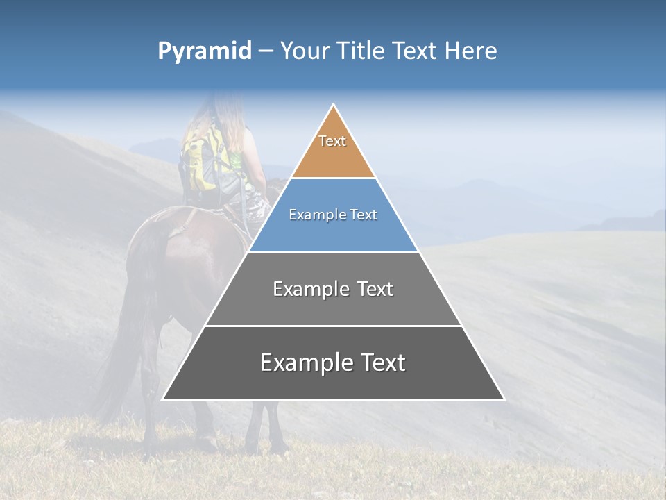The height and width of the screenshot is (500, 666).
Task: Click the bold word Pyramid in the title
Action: pyautogui.click(x=204, y=51)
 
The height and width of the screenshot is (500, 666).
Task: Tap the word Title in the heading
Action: pyautogui.click(x=362, y=51)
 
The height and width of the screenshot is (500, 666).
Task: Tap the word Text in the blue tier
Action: pyautogui.click(x=362, y=215)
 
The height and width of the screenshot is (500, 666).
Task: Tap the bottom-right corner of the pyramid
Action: pyautogui.click(x=504, y=399)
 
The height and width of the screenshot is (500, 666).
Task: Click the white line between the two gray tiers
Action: pyautogui.click(x=333, y=326)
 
